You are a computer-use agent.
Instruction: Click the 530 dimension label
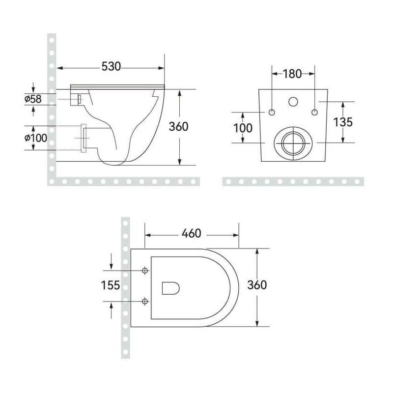(112, 66)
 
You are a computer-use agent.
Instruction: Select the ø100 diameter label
(36, 138)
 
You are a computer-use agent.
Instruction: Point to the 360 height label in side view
(178, 127)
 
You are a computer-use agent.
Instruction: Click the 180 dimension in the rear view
(293, 74)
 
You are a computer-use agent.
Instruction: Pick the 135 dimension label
(342, 122)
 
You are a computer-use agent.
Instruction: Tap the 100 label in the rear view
(243, 128)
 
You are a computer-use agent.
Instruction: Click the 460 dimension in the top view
(191, 233)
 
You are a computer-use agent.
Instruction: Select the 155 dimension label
(111, 285)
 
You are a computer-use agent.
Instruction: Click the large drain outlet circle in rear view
(293, 142)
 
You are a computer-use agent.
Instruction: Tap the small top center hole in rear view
(293, 102)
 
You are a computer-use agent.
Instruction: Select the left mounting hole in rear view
(272, 112)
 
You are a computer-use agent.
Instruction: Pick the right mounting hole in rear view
(314, 112)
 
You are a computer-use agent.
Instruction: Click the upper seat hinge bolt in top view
(145, 271)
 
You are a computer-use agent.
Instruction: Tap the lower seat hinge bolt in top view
(145, 300)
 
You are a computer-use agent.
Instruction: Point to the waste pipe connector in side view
(84, 138)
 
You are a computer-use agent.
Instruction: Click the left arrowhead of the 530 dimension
(60, 68)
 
